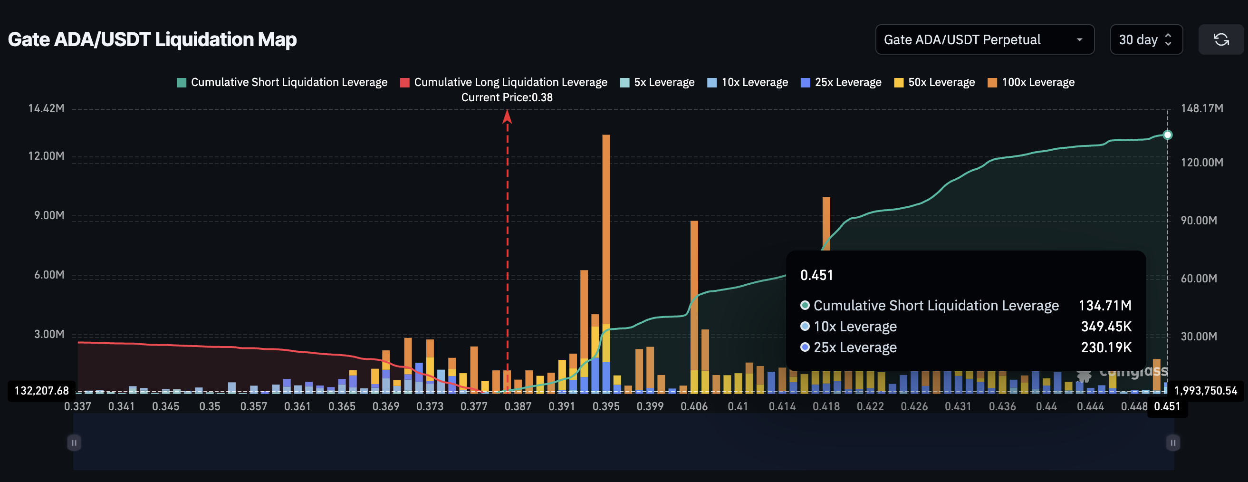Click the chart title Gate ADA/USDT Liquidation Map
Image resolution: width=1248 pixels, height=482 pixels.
[x=152, y=39]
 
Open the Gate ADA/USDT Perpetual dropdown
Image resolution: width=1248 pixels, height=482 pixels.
[x=984, y=40]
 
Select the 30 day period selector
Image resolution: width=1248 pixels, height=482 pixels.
[x=1145, y=40]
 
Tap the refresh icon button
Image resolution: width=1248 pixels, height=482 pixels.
[x=1220, y=40]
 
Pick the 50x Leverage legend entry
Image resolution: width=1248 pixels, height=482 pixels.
[x=934, y=82]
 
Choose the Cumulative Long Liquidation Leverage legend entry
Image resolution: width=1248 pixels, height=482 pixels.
[x=503, y=82]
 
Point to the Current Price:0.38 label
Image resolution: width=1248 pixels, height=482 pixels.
[x=507, y=97]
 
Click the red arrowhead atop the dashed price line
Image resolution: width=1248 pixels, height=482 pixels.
[x=507, y=116]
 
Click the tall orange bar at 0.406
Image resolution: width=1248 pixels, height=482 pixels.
[x=694, y=290]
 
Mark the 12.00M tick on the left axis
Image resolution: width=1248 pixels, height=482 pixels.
[x=46, y=156]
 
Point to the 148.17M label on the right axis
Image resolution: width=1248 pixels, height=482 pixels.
[x=1201, y=108]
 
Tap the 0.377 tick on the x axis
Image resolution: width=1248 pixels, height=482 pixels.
[x=474, y=406]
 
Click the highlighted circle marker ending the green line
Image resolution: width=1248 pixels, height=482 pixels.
[x=1168, y=135]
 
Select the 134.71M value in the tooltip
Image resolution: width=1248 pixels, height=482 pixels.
[x=1104, y=306]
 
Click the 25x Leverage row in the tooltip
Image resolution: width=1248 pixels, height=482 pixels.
[x=855, y=347]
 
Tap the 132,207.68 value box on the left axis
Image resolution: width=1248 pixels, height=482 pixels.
[x=42, y=390]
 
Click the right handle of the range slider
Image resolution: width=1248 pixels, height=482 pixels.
[x=1172, y=442]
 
